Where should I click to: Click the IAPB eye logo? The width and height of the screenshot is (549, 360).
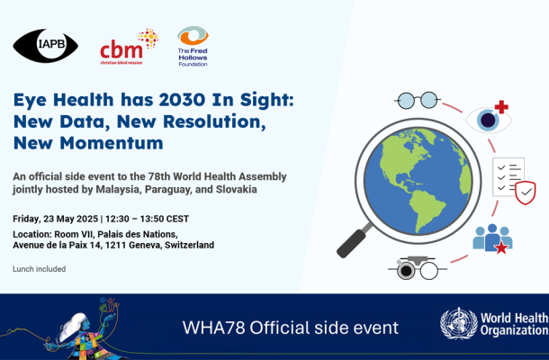point(46,46)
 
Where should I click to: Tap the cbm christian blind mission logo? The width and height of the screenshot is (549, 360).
point(130,47)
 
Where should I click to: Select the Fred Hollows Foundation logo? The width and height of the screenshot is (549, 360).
point(193,46)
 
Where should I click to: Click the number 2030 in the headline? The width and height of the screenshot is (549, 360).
point(182,100)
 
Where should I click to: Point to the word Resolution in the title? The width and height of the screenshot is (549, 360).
point(214,121)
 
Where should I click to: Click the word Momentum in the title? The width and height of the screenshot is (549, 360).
point(112,143)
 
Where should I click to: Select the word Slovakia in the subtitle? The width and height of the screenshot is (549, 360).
point(237,189)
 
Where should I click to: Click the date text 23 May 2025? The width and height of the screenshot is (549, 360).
point(71,219)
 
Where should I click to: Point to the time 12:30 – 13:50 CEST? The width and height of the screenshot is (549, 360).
point(147,219)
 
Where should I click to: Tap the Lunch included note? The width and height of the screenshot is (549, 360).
point(40,269)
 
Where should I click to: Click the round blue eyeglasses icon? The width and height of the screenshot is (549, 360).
point(417,101)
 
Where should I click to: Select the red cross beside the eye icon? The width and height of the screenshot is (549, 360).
point(501,107)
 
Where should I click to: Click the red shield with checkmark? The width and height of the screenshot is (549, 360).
point(526,193)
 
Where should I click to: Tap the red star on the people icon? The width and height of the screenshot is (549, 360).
point(501,247)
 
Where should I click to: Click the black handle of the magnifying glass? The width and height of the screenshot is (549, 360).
point(352,243)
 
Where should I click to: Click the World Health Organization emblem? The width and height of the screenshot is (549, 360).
point(459,324)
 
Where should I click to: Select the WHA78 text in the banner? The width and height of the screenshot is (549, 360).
point(213,328)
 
